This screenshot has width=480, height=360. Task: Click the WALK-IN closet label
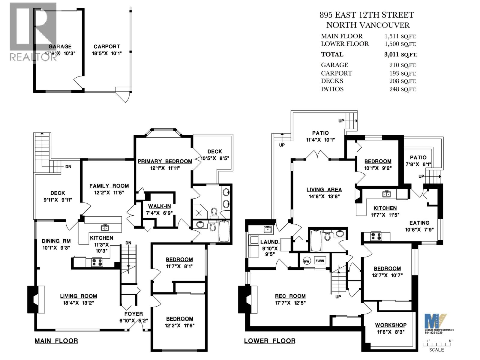pyautogui.click(x=159, y=206)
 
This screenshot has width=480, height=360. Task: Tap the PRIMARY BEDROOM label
pyautogui.click(x=165, y=161)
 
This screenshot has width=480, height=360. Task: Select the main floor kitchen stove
pyautogui.click(x=97, y=262)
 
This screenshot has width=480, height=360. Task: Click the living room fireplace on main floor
pyautogui.click(x=36, y=299)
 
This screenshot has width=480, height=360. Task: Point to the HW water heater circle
pyautogui.click(x=306, y=261)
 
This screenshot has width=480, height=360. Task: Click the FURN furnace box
pyautogui.click(x=320, y=261)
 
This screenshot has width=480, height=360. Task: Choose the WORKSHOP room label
pyautogui.click(x=391, y=325)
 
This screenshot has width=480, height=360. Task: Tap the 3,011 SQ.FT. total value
pyautogui.click(x=398, y=55)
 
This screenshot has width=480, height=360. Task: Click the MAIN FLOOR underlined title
pyautogui.click(x=56, y=341)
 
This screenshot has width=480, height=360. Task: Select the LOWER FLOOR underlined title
pyautogui.click(x=270, y=341)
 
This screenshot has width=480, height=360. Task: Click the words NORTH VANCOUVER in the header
pyautogui.click(x=368, y=25)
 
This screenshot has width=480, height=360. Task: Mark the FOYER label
pyautogui.click(x=133, y=314)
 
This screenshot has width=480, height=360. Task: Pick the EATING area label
pyautogui.click(x=419, y=223)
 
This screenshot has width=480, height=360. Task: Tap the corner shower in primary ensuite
pyautogui.click(x=199, y=212)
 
